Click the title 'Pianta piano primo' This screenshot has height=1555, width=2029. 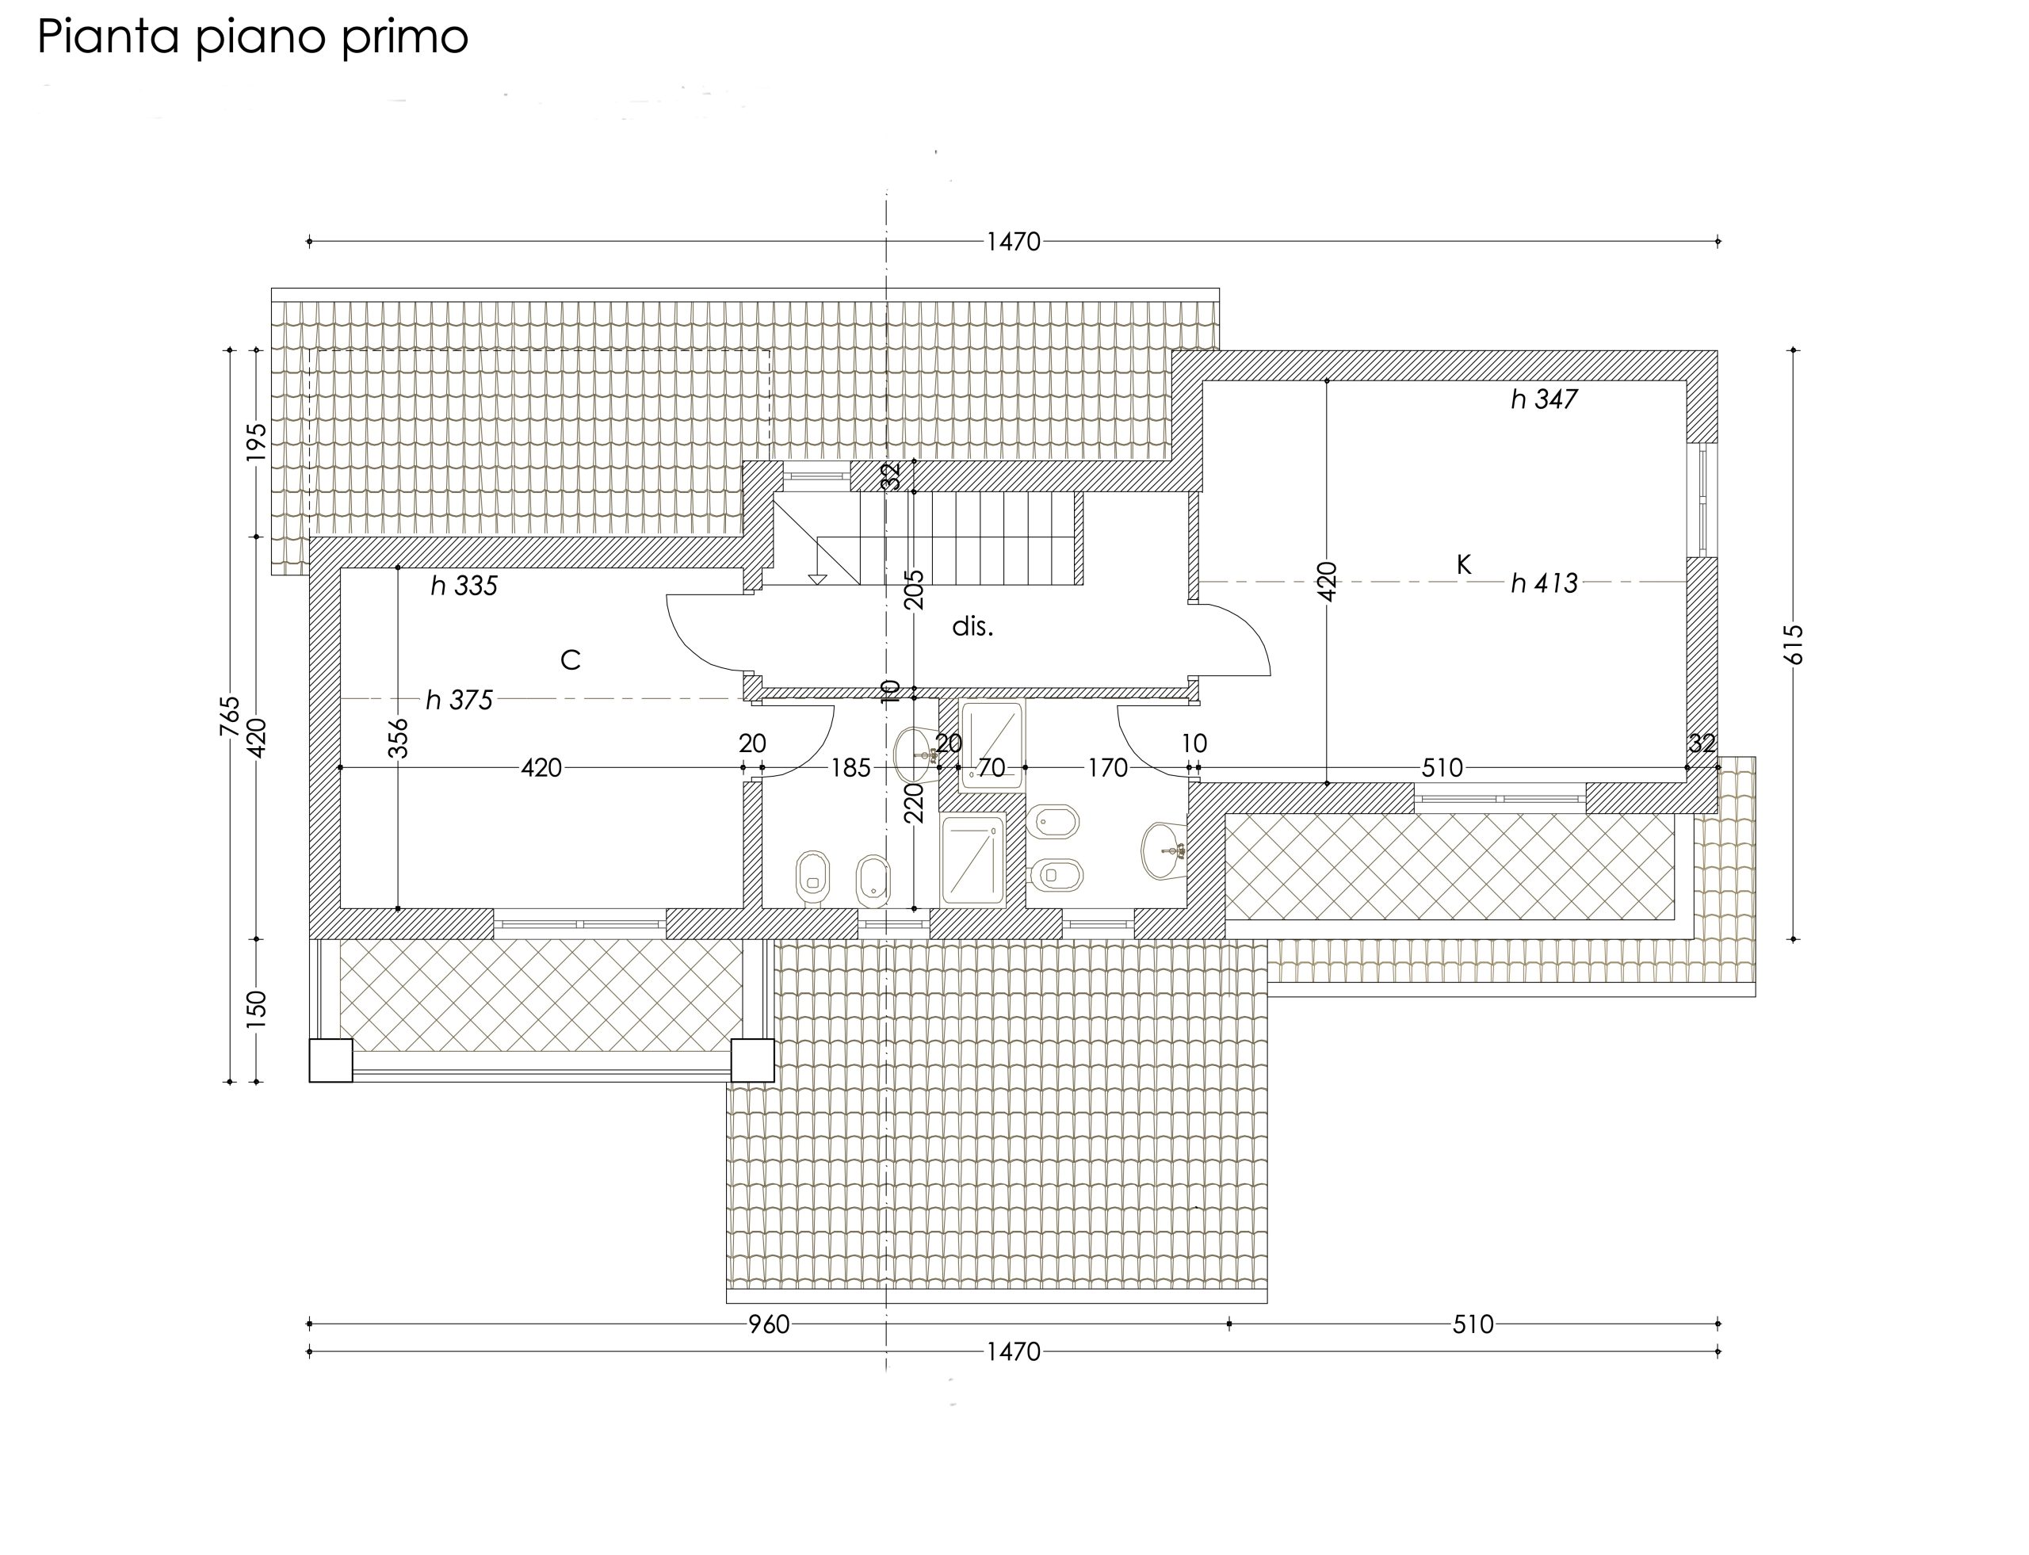[x=253, y=38]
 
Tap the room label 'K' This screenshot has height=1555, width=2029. [x=1463, y=564]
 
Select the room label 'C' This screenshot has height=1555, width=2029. [x=570, y=660]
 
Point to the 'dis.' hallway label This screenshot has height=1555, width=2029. [x=972, y=627]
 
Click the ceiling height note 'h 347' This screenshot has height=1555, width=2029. [x=1544, y=399]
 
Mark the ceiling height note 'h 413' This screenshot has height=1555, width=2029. [x=1544, y=583]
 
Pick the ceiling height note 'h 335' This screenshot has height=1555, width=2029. [x=464, y=585]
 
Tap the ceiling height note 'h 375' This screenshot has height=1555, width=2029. [x=459, y=700]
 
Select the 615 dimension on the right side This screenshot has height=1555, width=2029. [x=1793, y=644]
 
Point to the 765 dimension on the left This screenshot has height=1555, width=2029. [x=230, y=716]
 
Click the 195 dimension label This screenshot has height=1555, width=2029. [x=257, y=442]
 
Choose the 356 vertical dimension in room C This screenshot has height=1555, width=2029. [x=397, y=739]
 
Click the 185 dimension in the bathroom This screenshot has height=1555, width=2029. [x=850, y=767]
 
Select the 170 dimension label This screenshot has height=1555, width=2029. [x=1107, y=767]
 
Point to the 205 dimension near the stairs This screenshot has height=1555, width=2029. [x=914, y=590]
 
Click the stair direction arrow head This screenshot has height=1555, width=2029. [x=816, y=579]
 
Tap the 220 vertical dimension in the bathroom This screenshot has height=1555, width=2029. [x=914, y=803]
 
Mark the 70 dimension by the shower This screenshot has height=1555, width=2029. [x=992, y=767]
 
